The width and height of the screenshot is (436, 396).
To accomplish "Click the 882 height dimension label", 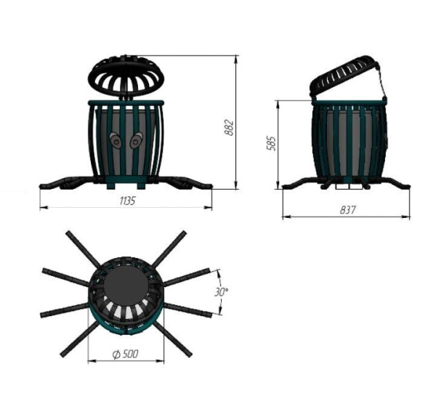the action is point(229,128).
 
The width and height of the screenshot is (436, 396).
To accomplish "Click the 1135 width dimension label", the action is point(127,201).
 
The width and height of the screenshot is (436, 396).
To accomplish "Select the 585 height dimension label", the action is point(271,143).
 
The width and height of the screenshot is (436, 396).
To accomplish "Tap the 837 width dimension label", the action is point(347,210).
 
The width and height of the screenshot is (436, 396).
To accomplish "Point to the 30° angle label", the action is point(221,292).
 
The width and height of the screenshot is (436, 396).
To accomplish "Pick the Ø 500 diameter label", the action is point(126,354).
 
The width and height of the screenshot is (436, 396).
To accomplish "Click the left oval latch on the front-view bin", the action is point(116,140).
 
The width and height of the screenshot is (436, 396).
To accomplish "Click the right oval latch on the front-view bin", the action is point(137,140).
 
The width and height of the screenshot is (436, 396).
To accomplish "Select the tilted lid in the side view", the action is point(344,76).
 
